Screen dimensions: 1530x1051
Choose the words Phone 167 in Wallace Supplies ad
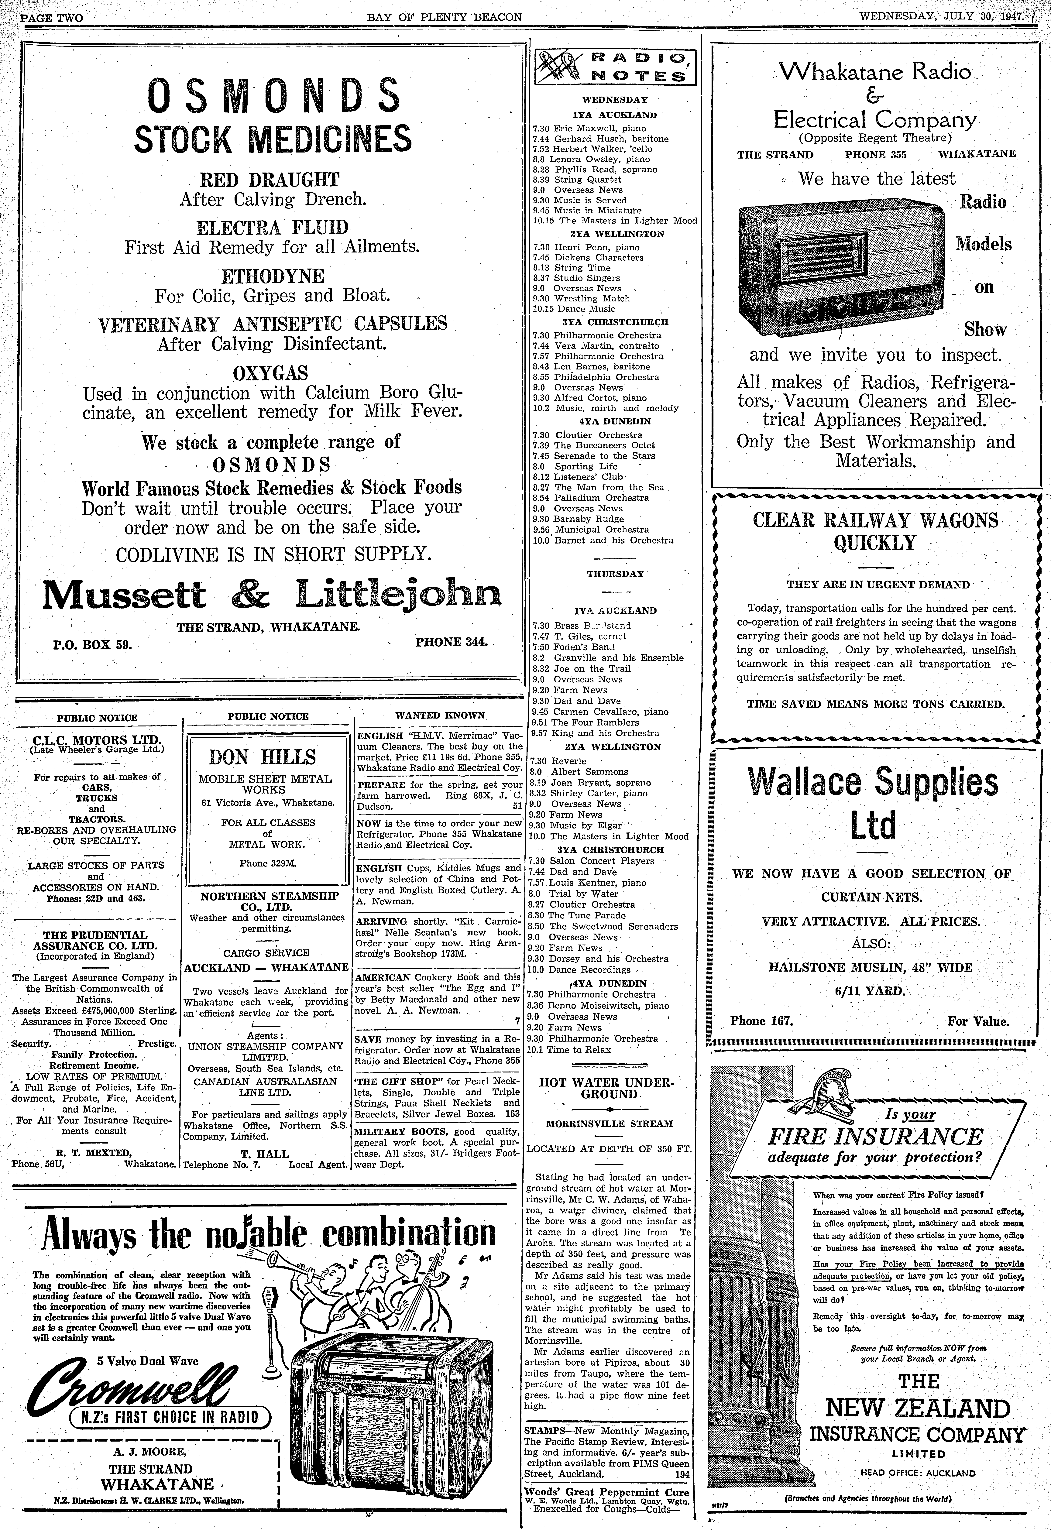tap(762, 1021)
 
